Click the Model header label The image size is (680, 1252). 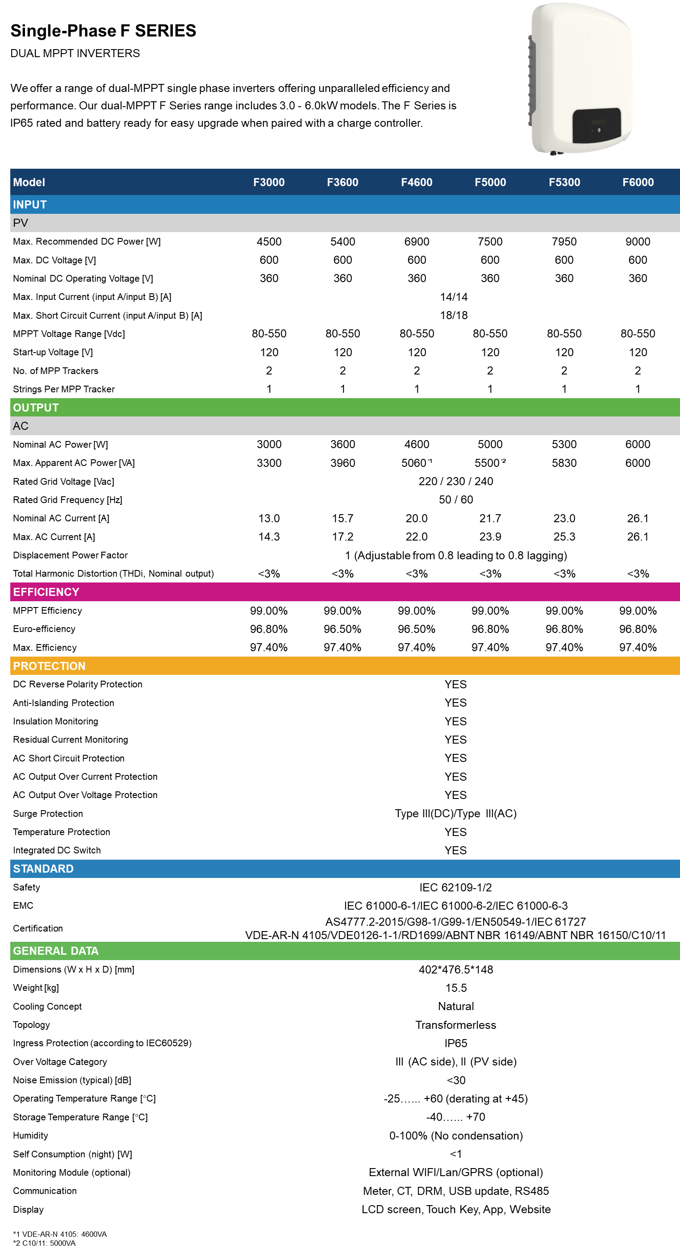pyautogui.click(x=29, y=182)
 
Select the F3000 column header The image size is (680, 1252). pyautogui.click(x=269, y=182)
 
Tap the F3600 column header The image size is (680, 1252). pyautogui.click(x=342, y=182)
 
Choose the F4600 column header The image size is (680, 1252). pyautogui.click(x=417, y=182)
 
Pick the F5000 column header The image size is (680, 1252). pyautogui.click(x=490, y=182)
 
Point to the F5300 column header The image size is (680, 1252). pyautogui.click(x=564, y=182)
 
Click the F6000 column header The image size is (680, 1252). pyautogui.click(x=638, y=182)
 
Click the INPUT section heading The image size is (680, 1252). pyautogui.click(x=29, y=204)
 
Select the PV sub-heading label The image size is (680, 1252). pyautogui.click(x=21, y=223)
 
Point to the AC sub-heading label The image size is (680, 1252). pyautogui.click(x=21, y=426)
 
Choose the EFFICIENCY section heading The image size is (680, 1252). pyautogui.click(x=46, y=592)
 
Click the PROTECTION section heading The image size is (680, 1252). pyautogui.click(x=49, y=666)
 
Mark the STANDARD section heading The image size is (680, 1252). pyautogui.click(x=43, y=869)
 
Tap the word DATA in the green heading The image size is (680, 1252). pyautogui.click(x=84, y=951)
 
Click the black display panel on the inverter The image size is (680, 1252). pyautogui.click(x=597, y=125)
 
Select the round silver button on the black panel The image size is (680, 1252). pyautogui.click(x=599, y=130)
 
